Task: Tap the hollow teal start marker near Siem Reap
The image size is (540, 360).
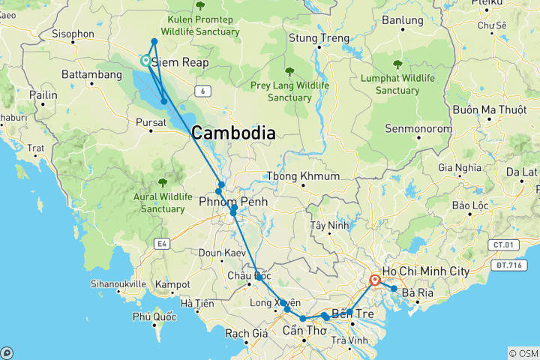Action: [146, 61]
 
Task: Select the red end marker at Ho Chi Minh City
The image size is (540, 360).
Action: [375, 281]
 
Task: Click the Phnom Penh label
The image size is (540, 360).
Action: [233, 202]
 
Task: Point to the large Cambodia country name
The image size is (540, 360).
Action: [233, 133]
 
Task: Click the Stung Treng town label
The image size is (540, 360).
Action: [319, 38]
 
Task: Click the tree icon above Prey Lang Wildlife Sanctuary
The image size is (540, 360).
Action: [289, 71]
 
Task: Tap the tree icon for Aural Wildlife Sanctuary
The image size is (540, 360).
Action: [163, 182]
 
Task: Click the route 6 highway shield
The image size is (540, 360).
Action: [201, 91]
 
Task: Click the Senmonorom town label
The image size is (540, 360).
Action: [419, 129]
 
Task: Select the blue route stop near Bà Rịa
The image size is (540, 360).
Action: [394, 289]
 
